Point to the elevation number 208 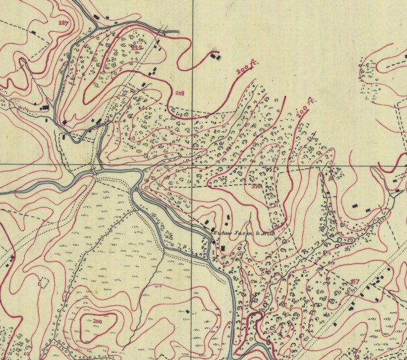179,94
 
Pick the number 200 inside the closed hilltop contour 98,321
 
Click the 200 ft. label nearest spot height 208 246,72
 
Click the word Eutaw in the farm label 220,233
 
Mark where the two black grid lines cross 193,166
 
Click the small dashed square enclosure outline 44,283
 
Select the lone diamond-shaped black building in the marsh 187,312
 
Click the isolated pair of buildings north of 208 215,56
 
